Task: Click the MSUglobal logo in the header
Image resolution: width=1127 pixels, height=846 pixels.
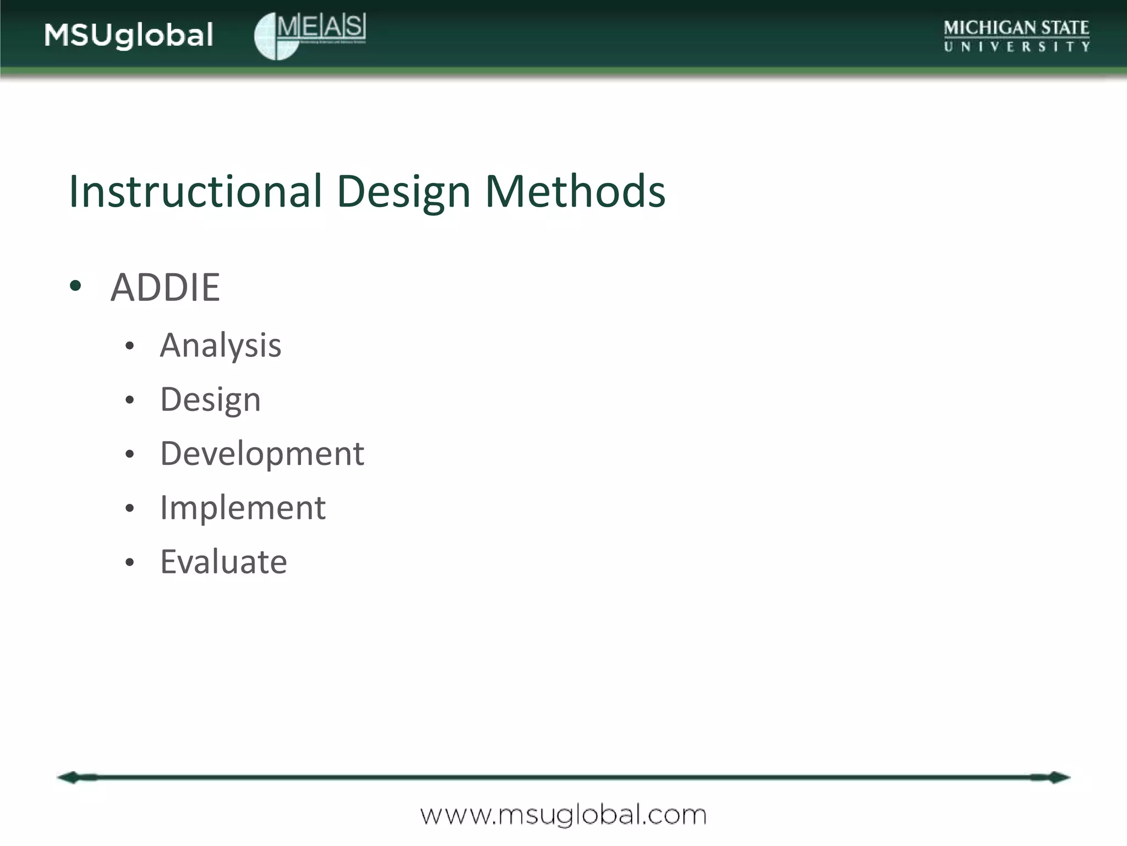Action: point(128,35)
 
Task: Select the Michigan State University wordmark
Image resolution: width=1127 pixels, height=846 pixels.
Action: point(1016,36)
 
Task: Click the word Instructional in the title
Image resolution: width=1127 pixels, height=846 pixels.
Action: point(195,191)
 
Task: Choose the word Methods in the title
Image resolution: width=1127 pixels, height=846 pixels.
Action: point(575,191)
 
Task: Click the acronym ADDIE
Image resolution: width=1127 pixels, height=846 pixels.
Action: point(165,288)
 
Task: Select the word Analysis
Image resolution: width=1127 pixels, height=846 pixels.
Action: point(221,346)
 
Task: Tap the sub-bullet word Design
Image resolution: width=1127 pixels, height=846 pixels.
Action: point(210,400)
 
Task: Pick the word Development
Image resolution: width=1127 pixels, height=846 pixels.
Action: point(262,454)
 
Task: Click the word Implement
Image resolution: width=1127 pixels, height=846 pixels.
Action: point(243,508)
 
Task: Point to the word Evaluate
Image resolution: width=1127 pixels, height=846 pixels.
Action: point(223,562)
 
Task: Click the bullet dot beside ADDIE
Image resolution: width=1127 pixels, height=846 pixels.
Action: point(76,286)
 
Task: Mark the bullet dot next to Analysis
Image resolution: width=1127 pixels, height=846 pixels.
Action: point(130,346)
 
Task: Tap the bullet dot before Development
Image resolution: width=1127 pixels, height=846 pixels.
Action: point(130,454)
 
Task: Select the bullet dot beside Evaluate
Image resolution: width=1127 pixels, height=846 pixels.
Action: point(130,562)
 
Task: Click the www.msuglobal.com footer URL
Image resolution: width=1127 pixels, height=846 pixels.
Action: point(563,815)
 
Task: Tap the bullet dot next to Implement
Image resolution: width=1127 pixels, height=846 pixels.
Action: point(130,508)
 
